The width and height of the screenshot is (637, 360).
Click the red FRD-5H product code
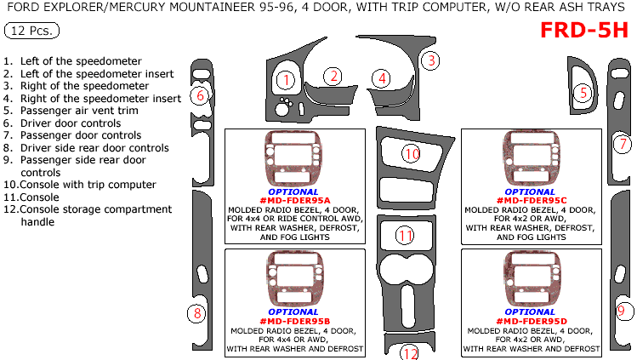coord(586,31)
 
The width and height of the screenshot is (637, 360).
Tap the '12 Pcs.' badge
coord(31,31)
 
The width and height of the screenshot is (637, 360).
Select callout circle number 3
coord(432,60)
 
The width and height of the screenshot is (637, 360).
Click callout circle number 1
coord(287,81)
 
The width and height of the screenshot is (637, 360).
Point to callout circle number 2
coord(335,76)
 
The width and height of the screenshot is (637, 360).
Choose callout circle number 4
coord(383,78)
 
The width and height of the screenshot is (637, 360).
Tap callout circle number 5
coord(582,93)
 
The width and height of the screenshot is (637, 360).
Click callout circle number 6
coord(200,95)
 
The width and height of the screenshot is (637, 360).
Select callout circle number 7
coord(623,144)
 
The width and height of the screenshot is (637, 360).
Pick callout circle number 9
coord(622,311)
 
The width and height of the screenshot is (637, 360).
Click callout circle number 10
coord(412,154)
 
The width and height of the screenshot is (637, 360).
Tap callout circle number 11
coord(407,235)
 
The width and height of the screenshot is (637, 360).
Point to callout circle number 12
coord(410,352)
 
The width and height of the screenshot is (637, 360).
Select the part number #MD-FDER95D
coord(531,321)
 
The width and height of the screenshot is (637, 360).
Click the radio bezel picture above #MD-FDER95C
coord(532,158)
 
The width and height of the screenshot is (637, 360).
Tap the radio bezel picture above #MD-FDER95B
coord(293,279)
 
